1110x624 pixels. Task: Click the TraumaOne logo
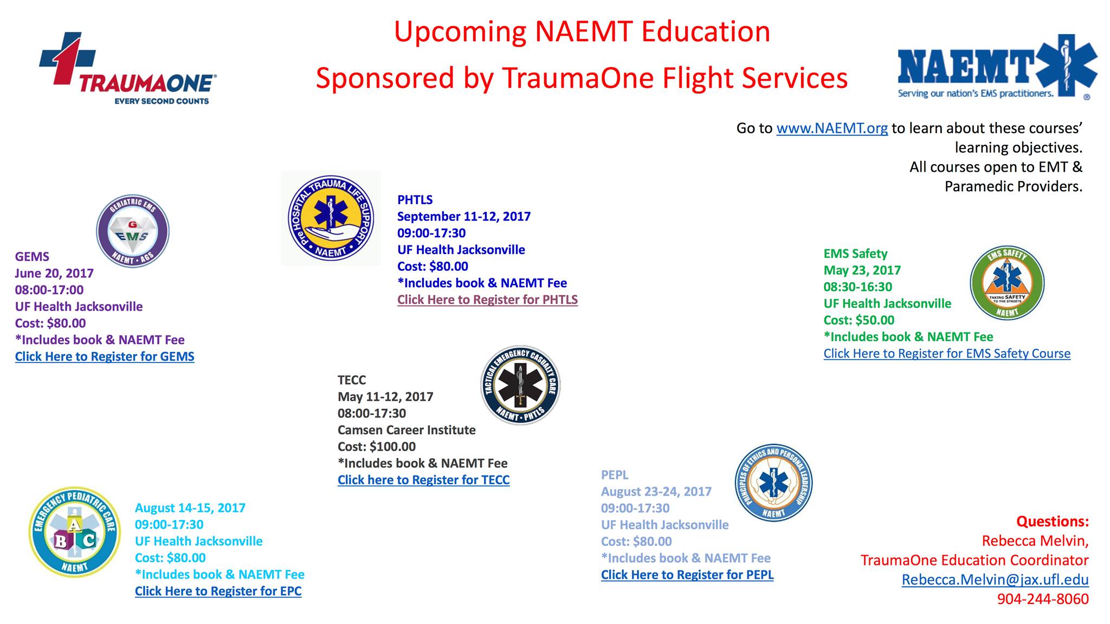128,68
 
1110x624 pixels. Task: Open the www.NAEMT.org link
832,128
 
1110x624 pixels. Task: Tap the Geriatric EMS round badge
133,231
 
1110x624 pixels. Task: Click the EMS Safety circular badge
1007,283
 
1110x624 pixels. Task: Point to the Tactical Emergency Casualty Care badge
520,385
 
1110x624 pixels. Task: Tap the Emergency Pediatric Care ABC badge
74,532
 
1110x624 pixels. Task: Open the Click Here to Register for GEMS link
105,356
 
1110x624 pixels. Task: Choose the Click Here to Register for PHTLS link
487,300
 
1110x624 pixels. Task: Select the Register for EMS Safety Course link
947,354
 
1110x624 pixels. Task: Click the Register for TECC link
424,480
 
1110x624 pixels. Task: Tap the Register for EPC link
218,591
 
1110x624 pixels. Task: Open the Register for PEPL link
687,575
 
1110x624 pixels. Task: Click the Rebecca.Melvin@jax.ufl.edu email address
995,580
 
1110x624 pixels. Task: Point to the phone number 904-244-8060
1043,599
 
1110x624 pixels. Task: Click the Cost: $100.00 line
377,447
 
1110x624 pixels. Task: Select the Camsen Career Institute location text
406,430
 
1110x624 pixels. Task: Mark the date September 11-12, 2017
464,217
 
